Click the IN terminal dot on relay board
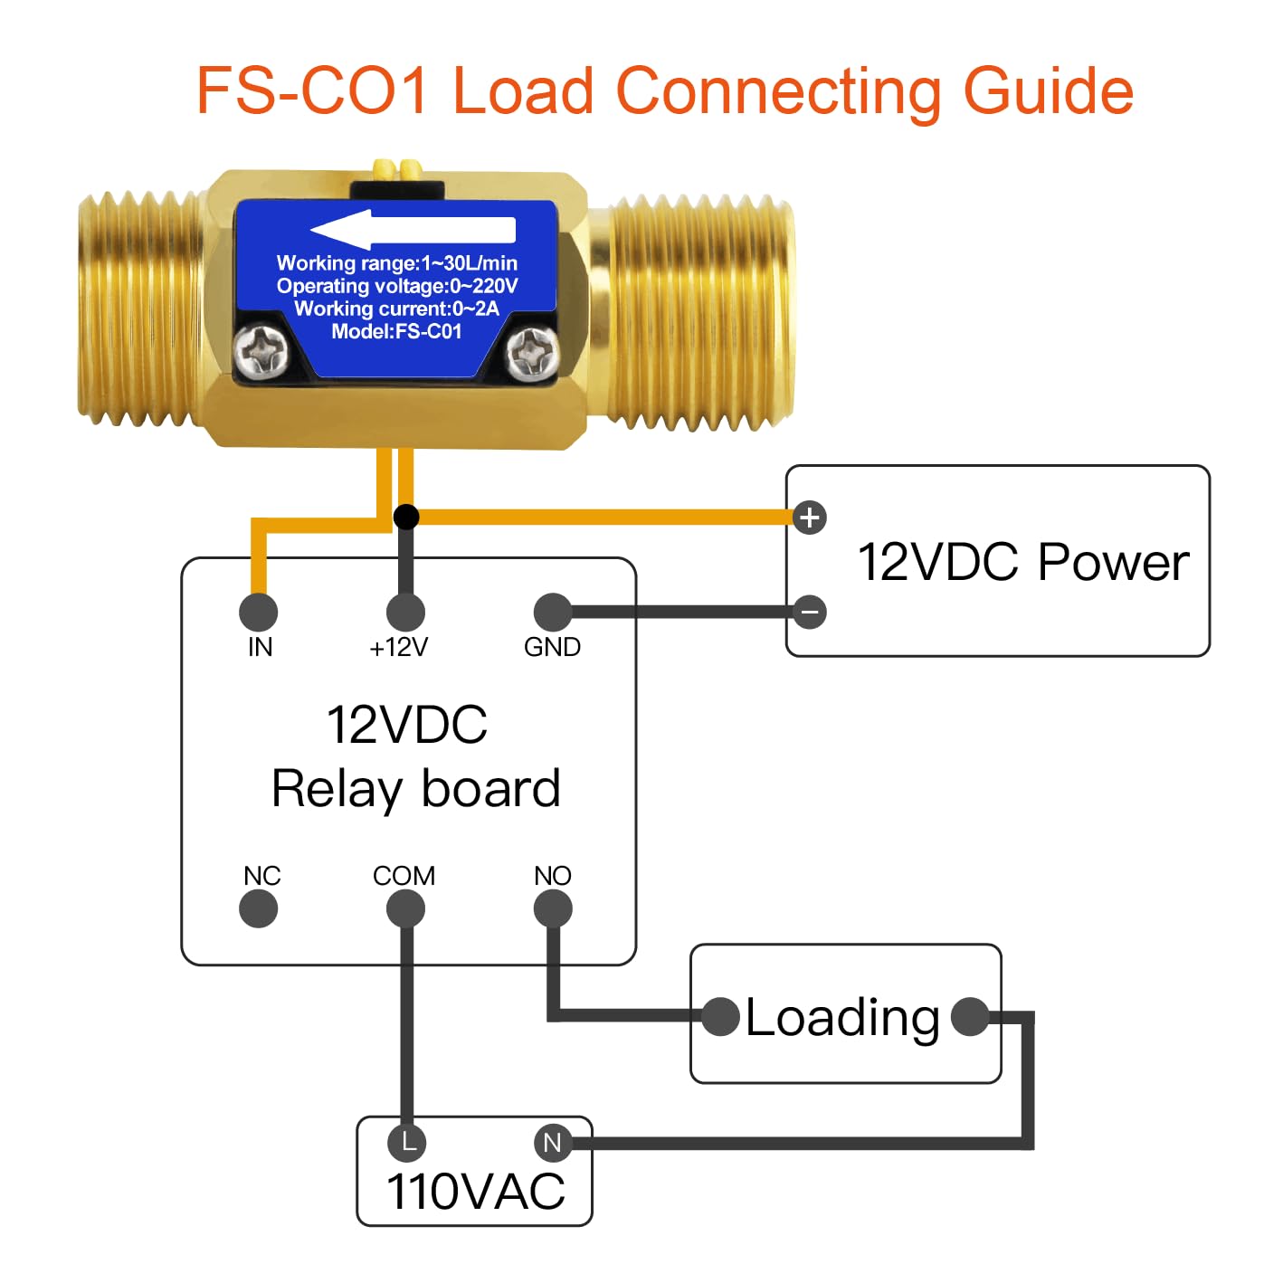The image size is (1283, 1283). point(259,613)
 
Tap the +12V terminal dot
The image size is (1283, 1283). point(405,613)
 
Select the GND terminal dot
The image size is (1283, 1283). point(553,613)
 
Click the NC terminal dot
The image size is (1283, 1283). point(259,908)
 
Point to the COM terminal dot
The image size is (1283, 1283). point(405,908)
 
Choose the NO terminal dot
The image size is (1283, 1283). point(553,908)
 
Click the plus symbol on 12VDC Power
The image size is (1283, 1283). point(810,518)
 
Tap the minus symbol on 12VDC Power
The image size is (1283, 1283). point(810,613)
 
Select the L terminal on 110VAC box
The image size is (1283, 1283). point(407,1142)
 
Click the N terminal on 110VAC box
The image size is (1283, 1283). point(552,1142)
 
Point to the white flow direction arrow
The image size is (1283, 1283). point(413,230)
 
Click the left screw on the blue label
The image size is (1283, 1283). point(261,351)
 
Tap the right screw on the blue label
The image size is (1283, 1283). point(532,351)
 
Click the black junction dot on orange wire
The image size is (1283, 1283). point(406,517)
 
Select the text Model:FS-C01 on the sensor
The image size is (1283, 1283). point(396,332)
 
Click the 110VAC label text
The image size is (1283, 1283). point(475,1191)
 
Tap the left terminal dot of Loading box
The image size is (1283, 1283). point(721,1016)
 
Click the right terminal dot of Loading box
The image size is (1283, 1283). point(970,1016)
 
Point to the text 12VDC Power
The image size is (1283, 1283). point(1022,562)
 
